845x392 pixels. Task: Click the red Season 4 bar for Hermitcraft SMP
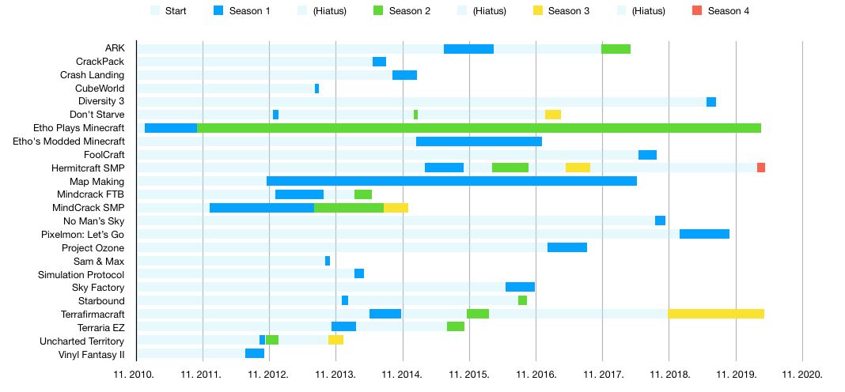(x=760, y=168)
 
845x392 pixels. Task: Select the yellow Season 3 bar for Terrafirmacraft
(x=716, y=314)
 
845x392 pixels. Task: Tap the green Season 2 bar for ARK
(x=616, y=49)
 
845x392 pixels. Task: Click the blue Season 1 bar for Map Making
(x=452, y=181)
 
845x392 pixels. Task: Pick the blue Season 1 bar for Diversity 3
(x=711, y=102)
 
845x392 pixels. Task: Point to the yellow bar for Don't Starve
(x=553, y=115)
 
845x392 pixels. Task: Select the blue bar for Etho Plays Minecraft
(x=171, y=128)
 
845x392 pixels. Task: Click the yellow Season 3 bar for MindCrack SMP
(x=396, y=208)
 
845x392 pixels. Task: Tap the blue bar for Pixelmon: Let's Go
(x=704, y=234)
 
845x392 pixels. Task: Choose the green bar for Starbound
(x=522, y=300)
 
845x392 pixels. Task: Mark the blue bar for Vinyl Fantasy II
(x=255, y=353)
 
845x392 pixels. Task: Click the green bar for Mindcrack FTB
(x=363, y=194)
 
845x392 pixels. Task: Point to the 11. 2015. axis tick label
(x=469, y=374)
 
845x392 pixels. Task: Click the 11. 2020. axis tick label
(x=802, y=374)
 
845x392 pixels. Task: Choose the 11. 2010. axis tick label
(x=136, y=374)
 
